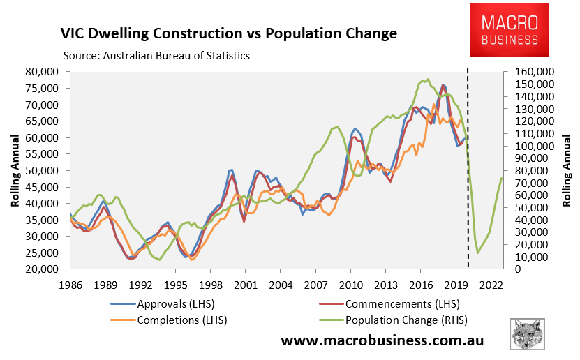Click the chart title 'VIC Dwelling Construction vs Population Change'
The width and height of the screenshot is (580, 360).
(228, 33)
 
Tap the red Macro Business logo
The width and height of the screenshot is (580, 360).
(508, 30)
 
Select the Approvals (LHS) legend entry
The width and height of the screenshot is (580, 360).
(162, 304)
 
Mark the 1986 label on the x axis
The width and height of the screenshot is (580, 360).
(69, 285)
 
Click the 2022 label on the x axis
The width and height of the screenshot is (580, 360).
(491, 285)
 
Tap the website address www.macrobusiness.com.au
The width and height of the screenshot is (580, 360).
(382, 340)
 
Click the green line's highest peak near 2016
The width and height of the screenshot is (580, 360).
(427, 80)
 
